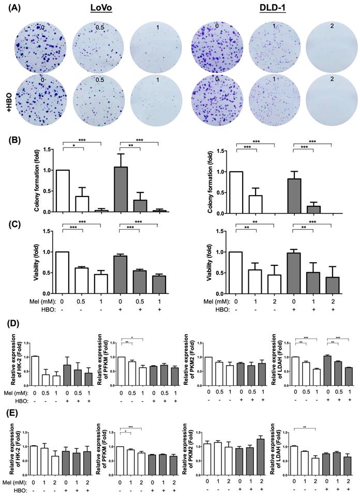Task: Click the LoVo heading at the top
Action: pos(102,10)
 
